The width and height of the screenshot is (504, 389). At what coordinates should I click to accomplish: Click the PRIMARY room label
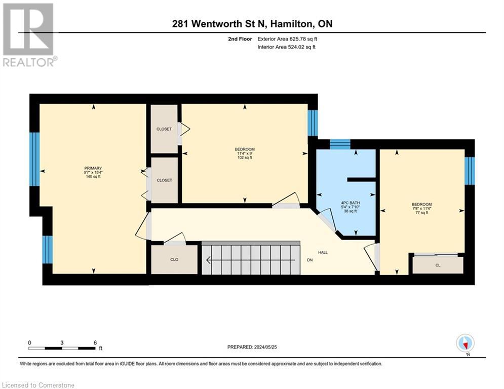[93, 168]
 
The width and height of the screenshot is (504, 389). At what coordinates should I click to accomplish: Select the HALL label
[323, 252]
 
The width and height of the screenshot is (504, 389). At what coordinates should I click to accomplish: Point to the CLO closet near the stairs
[174, 259]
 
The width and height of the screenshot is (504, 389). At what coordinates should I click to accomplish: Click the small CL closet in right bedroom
[438, 264]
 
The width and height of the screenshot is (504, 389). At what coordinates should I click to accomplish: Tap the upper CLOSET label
[164, 129]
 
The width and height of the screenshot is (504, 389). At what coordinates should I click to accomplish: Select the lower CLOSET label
[164, 180]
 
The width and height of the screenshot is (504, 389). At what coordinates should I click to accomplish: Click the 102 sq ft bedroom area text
[245, 158]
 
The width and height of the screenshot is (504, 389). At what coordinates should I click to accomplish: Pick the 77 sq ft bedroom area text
[421, 213]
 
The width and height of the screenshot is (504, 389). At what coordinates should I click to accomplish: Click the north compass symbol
[464, 343]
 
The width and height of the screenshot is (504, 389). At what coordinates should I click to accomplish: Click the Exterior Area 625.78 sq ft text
[287, 39]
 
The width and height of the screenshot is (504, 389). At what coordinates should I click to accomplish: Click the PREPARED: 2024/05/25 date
[252, 347]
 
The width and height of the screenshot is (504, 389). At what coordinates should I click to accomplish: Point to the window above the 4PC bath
[340, 144]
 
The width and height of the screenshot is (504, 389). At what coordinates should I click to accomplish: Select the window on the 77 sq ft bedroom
[470, 170]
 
